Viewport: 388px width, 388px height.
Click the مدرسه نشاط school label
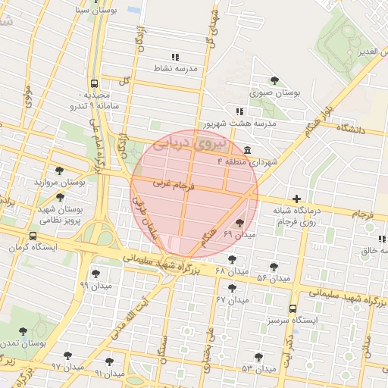pos(175,68)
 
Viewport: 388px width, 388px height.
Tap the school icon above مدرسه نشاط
pos(175,57)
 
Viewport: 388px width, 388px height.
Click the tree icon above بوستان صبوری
pos(274,80)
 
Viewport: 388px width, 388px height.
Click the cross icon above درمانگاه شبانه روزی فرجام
pos(296,199)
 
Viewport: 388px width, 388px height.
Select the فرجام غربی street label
pos(174,183)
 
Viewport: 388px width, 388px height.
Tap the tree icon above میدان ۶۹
pos(240,223)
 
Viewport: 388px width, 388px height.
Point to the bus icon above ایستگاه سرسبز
pos(293,308)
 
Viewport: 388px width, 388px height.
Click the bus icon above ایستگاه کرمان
pos(33,236)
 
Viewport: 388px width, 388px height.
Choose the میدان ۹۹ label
pos(95,285)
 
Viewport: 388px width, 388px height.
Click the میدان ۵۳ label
pos(258,368)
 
